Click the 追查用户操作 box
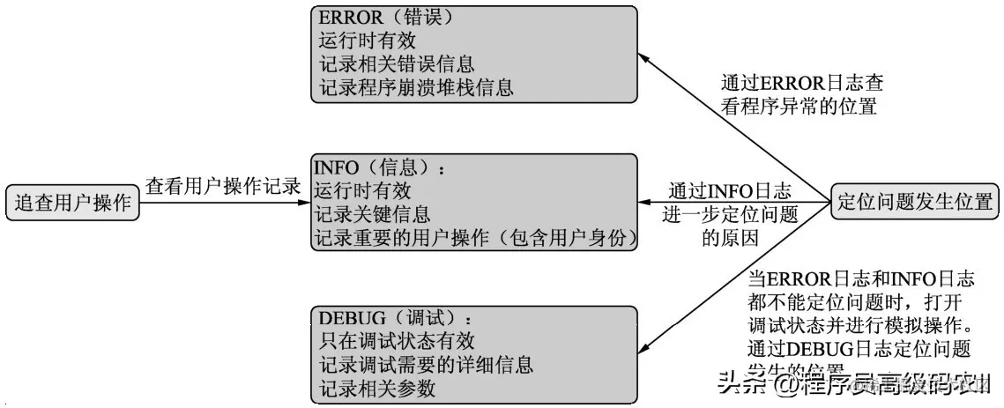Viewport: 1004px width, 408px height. coord(72,203)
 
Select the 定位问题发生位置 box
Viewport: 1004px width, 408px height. coord(913,202)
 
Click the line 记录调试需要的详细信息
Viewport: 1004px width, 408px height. coord(424,365)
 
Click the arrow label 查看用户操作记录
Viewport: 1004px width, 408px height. coord(223,187)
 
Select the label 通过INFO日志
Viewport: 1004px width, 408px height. coord(729,190)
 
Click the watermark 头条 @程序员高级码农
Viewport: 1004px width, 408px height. coord(851,384)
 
